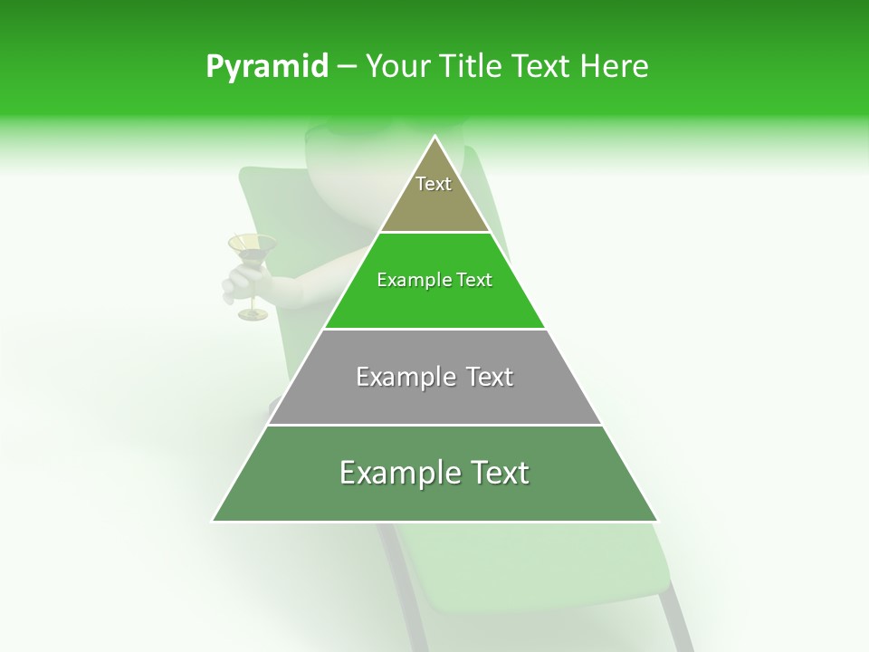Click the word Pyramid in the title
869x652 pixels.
point(266,67)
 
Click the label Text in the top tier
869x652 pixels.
point(434,184)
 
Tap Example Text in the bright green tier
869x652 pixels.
point(434,280)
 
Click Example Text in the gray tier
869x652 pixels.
point(434,377)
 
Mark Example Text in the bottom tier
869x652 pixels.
point(434,473)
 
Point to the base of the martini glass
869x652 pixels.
point(253,314)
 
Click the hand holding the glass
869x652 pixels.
point(242,283)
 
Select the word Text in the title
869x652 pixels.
point(543,66)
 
